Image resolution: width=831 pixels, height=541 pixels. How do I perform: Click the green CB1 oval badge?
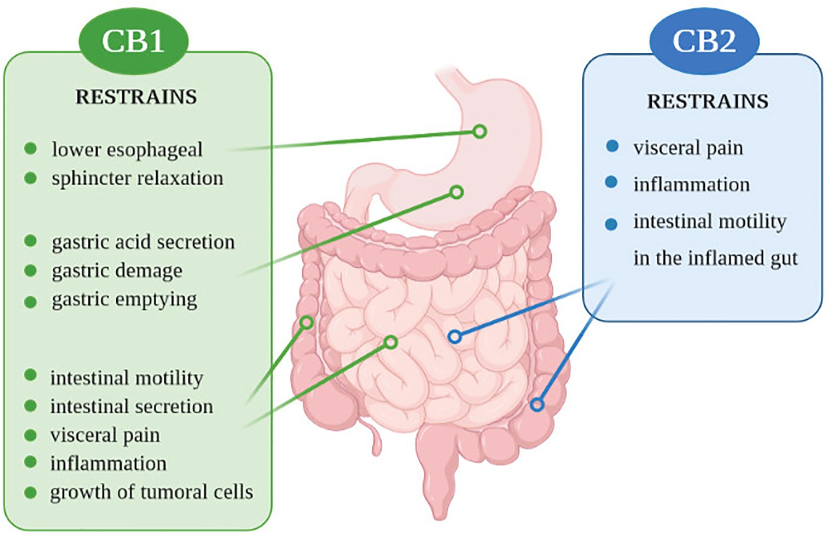(133, 41)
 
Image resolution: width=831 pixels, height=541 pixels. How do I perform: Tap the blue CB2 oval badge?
(704, 41)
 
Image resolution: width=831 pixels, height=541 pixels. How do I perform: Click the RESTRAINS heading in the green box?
(136, 97)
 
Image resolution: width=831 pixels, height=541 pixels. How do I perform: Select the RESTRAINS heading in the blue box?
(707, 101)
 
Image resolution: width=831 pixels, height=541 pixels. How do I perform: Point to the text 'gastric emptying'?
(124, 300)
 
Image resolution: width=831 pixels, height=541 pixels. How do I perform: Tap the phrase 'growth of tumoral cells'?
(151, 492)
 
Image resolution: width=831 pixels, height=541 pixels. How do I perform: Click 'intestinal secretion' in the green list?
(131, 406)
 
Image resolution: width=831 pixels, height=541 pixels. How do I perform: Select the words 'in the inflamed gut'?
(715, 258)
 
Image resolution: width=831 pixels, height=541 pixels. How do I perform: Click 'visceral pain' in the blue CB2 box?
(688, 148)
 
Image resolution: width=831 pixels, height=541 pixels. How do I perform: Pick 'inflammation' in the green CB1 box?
(108, 464)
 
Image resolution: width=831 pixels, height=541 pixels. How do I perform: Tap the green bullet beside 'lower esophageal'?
(31, 149)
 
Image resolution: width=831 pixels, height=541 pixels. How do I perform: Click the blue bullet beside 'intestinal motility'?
(611, 224)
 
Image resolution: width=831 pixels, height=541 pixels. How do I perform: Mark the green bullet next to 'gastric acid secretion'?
(31, 241)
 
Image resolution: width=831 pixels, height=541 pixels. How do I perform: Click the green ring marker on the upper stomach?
(480, 131)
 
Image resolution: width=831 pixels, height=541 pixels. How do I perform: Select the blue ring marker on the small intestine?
(454, 337)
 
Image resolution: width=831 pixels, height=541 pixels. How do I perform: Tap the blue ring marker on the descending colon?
(537, 404)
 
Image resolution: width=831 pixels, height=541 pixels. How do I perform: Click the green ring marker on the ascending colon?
(307, 323)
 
